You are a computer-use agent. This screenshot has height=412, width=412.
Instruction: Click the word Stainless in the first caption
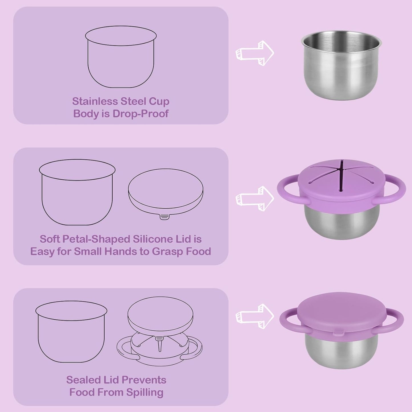point(95,101)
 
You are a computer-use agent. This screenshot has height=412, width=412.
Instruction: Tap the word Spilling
point(145,392)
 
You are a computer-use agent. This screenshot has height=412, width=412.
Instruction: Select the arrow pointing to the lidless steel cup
point(255,53)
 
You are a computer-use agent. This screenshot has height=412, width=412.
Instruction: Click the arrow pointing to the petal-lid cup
point(255,199)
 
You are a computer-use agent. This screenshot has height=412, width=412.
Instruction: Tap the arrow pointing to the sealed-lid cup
point(255,316)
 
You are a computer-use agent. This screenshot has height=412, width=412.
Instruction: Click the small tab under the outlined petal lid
point(163,217)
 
